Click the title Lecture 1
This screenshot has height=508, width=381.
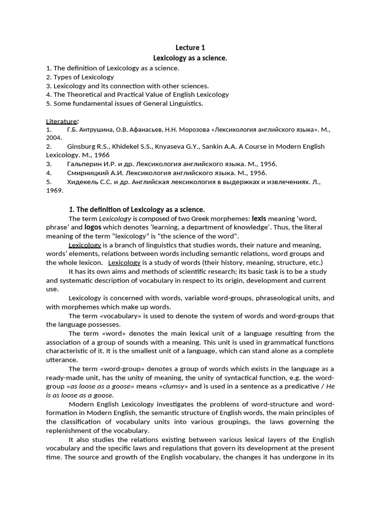190,48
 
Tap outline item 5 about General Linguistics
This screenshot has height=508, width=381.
125,104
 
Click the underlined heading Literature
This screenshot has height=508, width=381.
62,121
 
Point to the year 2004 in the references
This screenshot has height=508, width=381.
55,137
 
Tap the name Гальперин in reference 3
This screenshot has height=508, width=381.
84,164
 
